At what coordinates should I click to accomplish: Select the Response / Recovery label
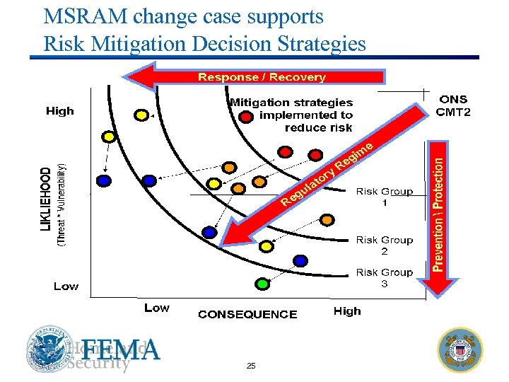point(262,77)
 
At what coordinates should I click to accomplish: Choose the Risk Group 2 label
point(384,245)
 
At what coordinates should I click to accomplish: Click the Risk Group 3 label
point(384,278)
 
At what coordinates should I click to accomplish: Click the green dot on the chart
point(262,284)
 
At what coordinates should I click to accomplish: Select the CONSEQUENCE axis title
point(247,314)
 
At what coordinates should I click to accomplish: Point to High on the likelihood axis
point(59,111)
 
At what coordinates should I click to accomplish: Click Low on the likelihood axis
point(66,286)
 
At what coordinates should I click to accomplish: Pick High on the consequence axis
point(346,311)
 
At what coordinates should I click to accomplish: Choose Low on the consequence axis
point(156,308)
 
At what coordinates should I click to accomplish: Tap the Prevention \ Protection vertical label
point(438,213)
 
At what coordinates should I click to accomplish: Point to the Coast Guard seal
point(460,349)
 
